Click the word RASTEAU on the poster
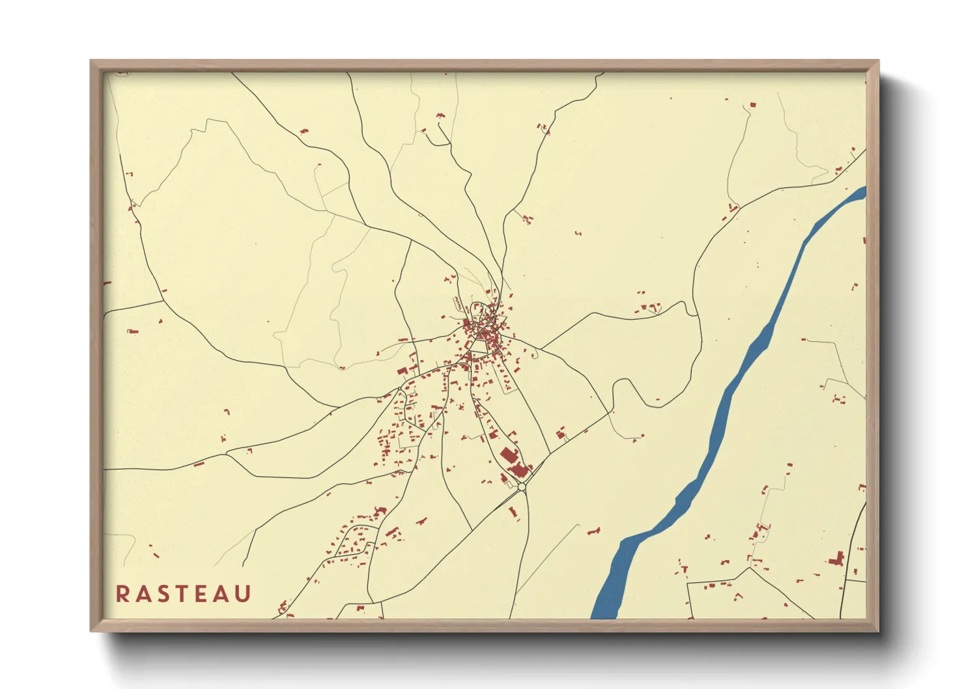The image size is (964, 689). tap(184, 594)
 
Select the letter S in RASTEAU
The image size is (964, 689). tap(163, 594)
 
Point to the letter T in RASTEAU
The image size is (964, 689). tap(183, 594)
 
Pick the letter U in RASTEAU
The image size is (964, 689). tap(243, 594)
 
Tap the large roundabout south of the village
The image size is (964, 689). tap(522, 486)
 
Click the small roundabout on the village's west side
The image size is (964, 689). tap(400, 389)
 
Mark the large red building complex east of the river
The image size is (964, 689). tap(837, 559)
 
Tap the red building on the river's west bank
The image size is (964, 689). tap(593, 532)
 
